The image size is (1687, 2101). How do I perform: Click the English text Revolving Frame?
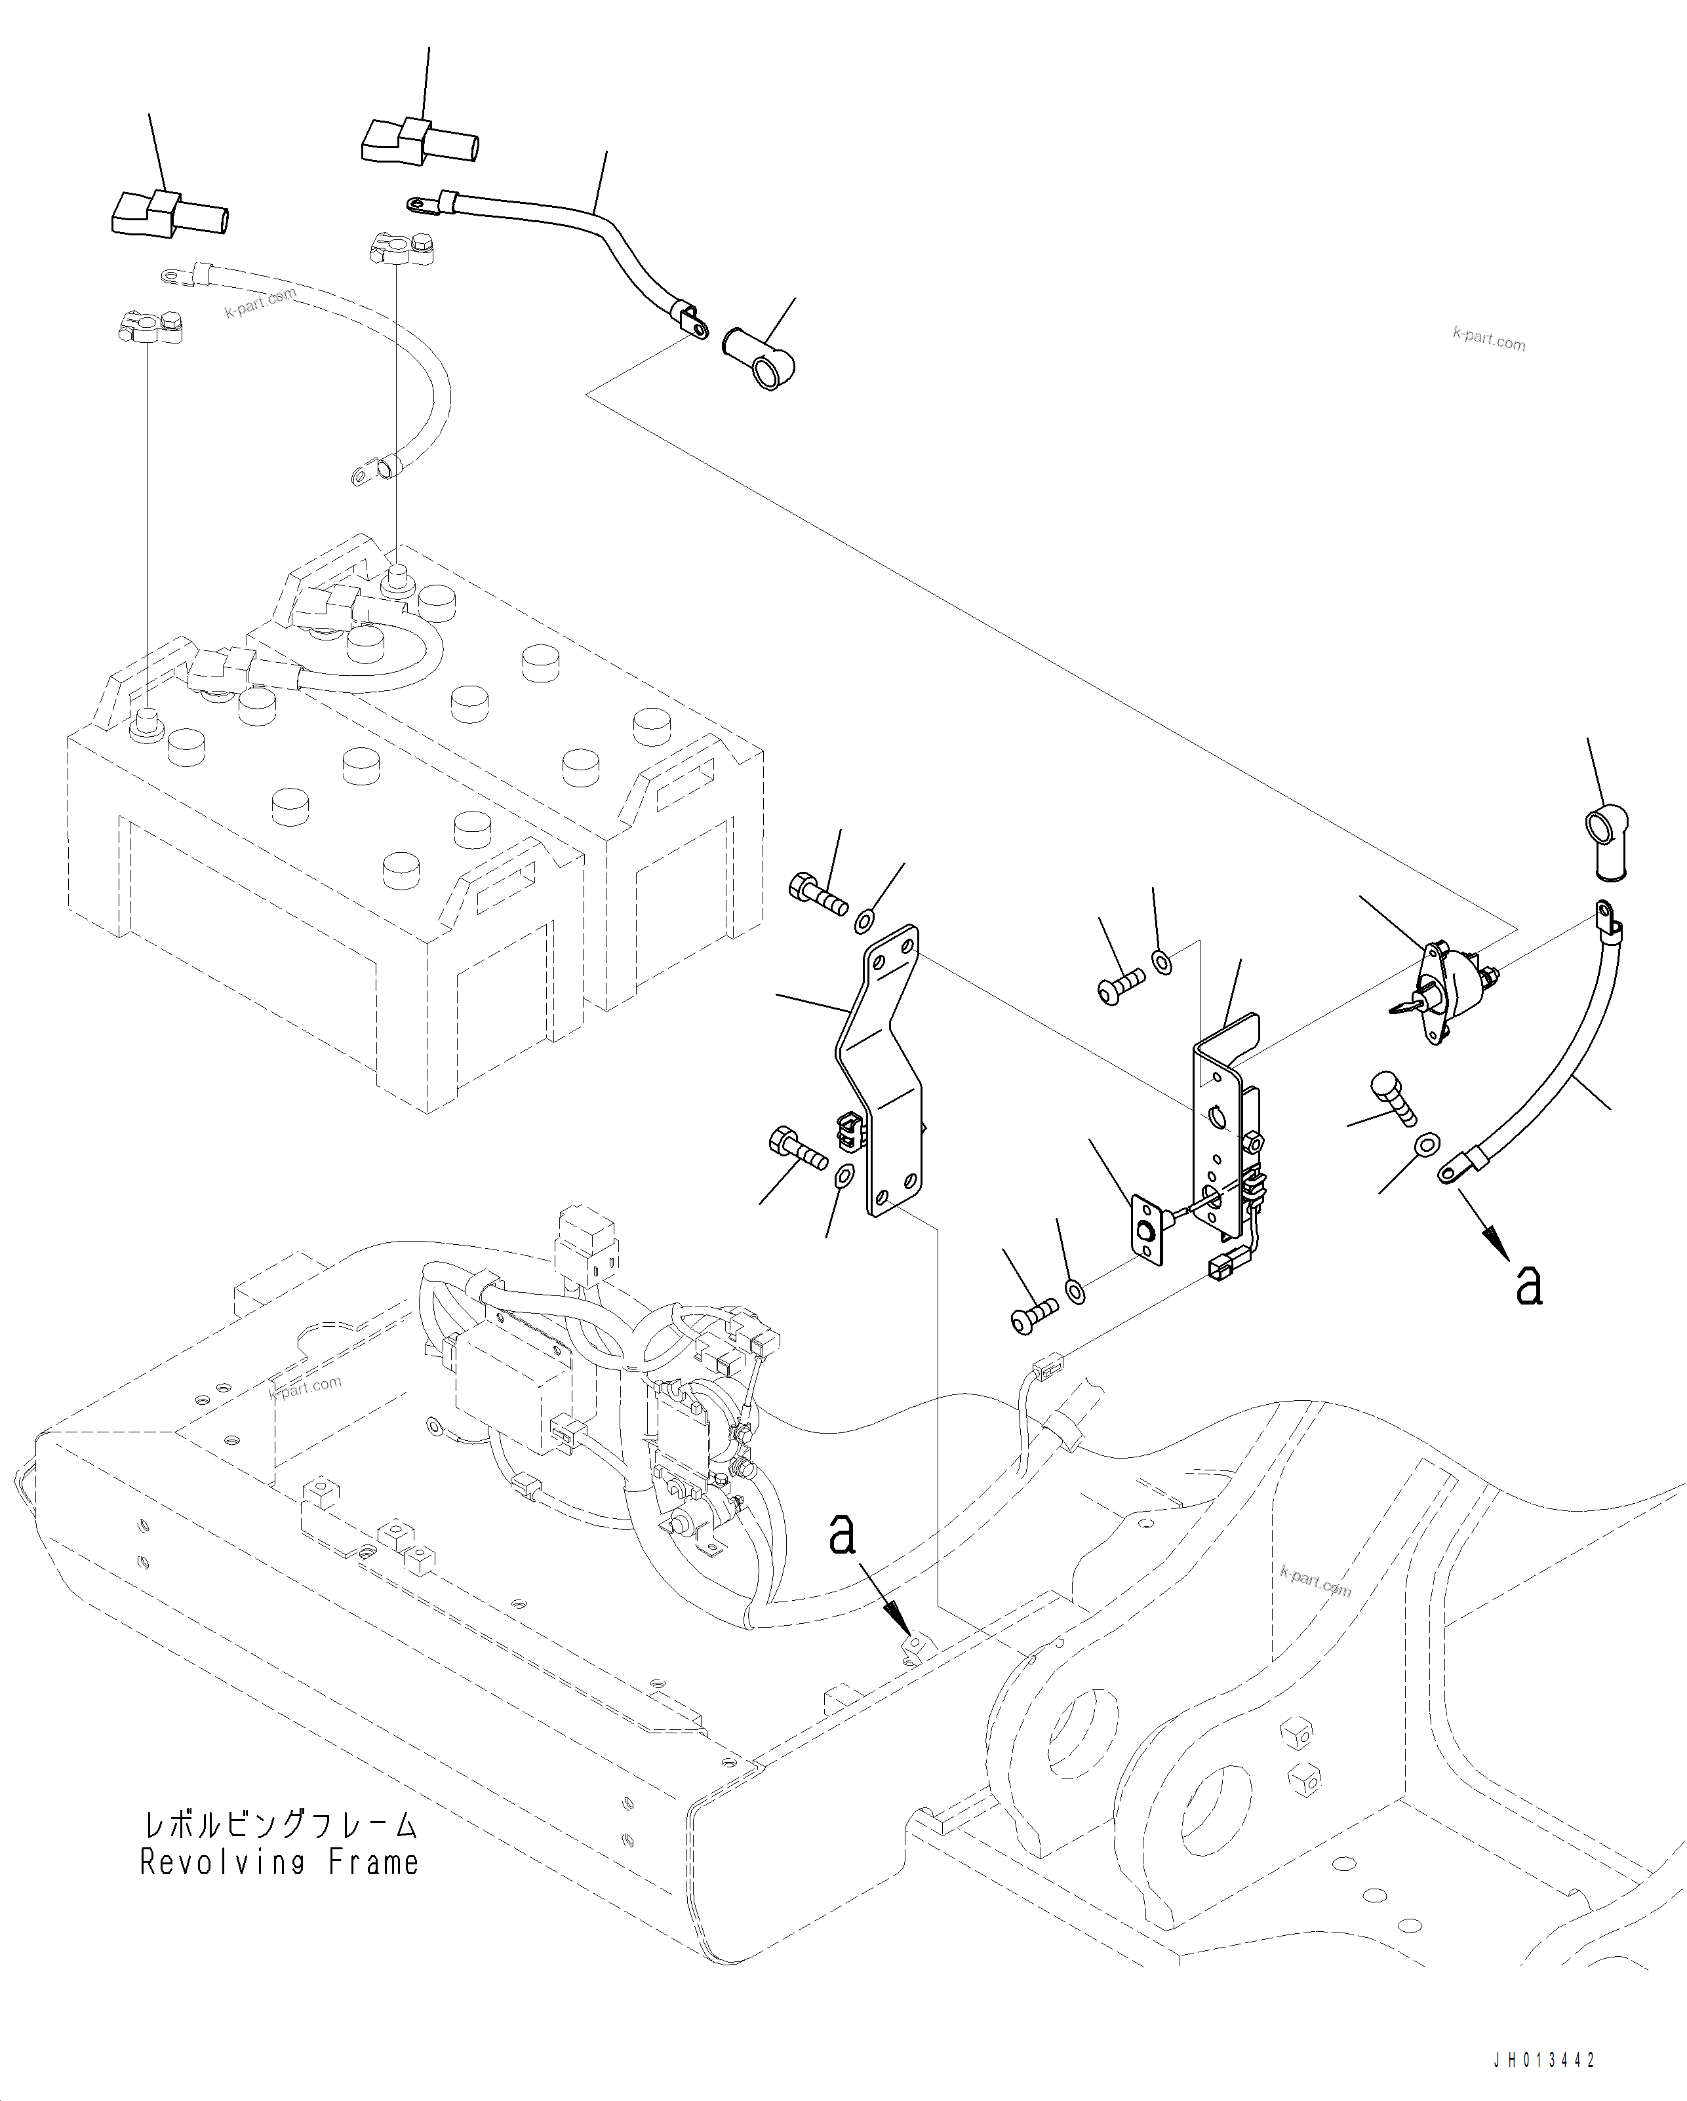[x=280, y=1862]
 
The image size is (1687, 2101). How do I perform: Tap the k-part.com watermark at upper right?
[x=1488, y=338]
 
